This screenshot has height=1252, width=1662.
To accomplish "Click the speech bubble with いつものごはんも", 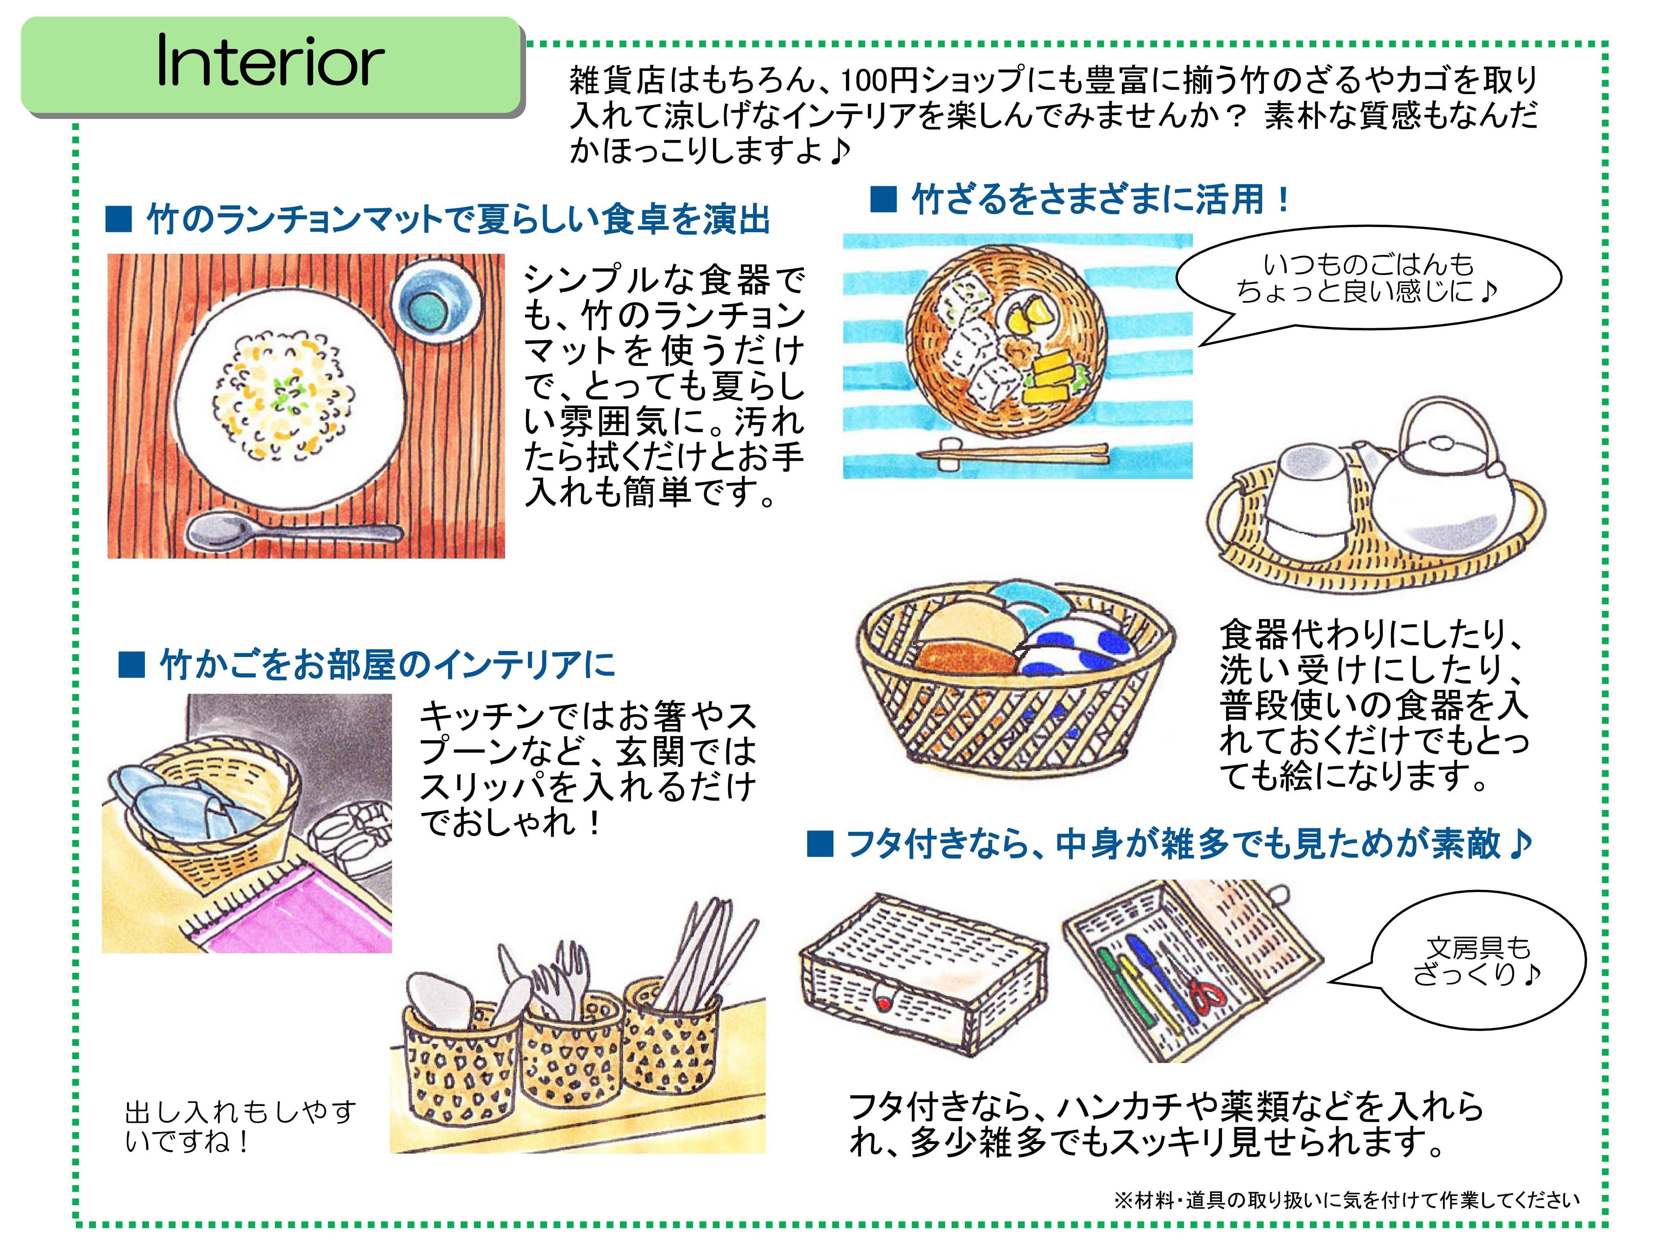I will (1368, 278).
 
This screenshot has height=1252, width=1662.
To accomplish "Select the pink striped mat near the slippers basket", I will (300, 913).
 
